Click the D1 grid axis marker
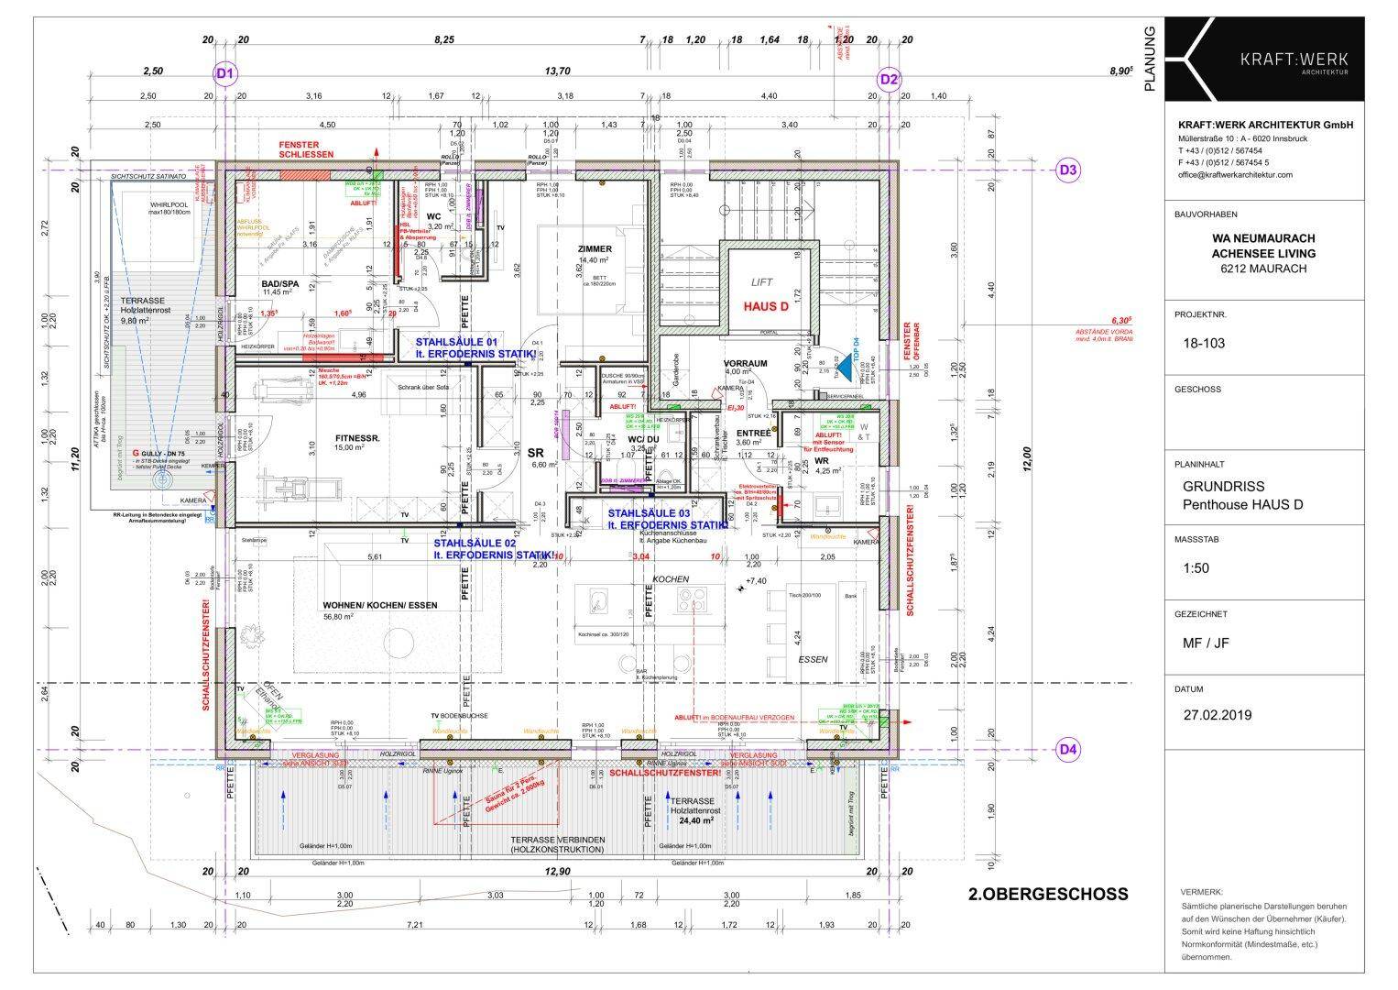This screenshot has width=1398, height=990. pyautogui.click(x=226, y=74)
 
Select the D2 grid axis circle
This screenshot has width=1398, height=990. pyautogui.click(x=889, y=80)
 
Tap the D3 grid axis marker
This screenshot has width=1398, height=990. pyautogui.click(x=1068, y=170)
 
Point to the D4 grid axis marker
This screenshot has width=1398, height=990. pyautogui.click(x=1068, y=750)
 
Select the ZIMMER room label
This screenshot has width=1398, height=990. pyautogui.click(x=595, y=249)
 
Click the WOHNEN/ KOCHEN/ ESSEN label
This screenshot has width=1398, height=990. pyautogui.click(x=379, y=605)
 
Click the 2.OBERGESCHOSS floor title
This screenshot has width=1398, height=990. pyautogui.click(x=1048, y=894)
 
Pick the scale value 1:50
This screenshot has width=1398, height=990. pyautogui.click(x=1196, y=568)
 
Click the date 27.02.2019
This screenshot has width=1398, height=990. pyautogui.click(x=1218, y=715)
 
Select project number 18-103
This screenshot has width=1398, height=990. pyautogui.click(x=1204, y=344)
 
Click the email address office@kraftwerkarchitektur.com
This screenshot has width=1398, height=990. pyautogui.click(x=1235, y=174)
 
